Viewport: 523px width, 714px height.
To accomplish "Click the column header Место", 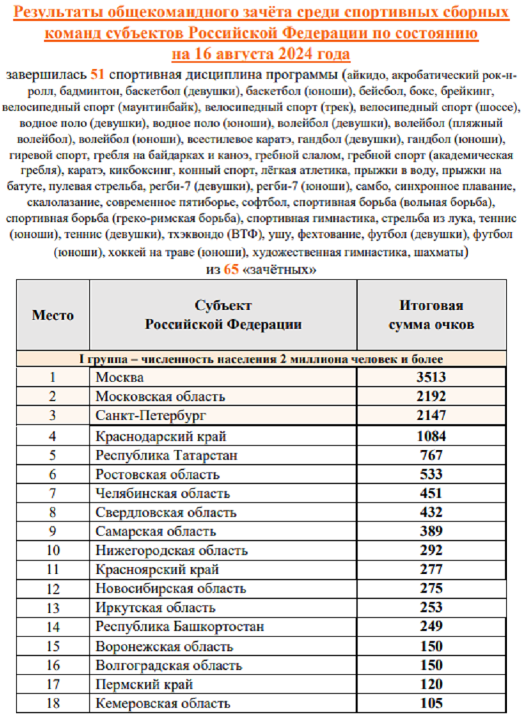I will tap(53, 315).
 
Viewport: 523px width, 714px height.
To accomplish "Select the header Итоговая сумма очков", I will tap(431, 315).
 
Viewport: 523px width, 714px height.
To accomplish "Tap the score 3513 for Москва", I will tap(431, 378).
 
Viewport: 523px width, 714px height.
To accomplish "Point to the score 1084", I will tap(431, 437).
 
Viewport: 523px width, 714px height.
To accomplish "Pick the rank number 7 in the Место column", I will tap(52, 494).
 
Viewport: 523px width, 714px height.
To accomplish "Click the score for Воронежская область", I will tap(431, 646).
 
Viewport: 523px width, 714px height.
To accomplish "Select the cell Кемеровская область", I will tap(163, 704).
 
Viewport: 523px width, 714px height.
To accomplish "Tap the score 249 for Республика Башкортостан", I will tap(431, 627).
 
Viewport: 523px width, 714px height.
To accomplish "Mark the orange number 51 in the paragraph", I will tap(98, 75).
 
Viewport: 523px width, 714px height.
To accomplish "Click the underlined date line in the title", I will tap(261, 54).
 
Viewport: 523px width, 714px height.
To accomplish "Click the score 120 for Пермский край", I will tap(431, 684).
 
